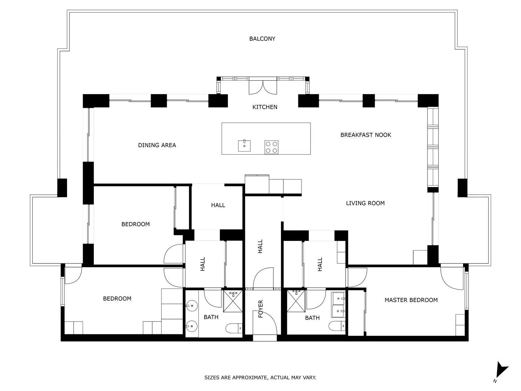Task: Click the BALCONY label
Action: click(x=262, y=39)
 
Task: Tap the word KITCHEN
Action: click(x=265, y=107)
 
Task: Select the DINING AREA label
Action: click(x=157, y=145)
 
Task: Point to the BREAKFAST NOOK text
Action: click(x=365, y=135)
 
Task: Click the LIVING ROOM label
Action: click(x=365, y=203)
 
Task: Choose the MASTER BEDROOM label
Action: click(x=411, y=300)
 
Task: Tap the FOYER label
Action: click(x=260, y=309)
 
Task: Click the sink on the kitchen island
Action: click(x=244, y=146)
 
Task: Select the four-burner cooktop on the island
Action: click(x=271, y=147)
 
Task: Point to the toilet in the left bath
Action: click(x=234, y=328)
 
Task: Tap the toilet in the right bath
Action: click(x=337, y=326)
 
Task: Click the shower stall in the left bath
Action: click(x=233, y=301)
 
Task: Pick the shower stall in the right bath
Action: click(x=296, y=301)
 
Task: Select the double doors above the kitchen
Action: click(x=263, y=87)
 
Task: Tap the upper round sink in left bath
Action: click(x=192, y=306)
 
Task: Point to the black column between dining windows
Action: click(x=159, y=101)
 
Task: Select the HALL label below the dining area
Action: click(x=218, y=205)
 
